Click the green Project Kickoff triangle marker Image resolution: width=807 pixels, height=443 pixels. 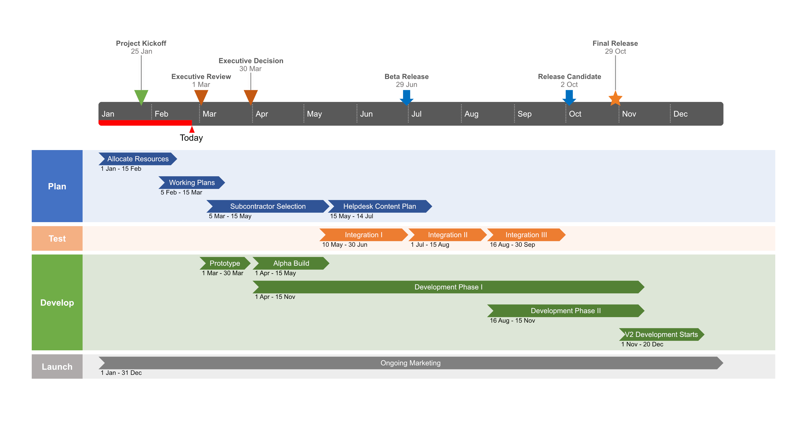(x=141, y=96)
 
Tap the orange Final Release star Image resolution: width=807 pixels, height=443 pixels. (x=615, y=99)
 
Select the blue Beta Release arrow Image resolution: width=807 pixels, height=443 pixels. (x=406, y=97)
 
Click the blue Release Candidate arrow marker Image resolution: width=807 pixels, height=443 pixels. (x=569, y=97)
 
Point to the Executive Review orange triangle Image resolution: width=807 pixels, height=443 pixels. (x=201, y=96)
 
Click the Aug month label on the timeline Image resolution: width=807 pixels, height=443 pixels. (x=471, y=114)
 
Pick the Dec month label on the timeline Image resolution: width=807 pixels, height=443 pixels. (x=680, y=114)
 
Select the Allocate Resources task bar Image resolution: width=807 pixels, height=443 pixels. (x=138, y=159)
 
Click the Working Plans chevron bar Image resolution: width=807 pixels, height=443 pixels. (x=192, y=183)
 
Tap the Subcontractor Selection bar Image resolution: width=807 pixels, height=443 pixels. (x=268, y=206)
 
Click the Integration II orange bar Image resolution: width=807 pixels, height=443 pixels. (x=447, y=235)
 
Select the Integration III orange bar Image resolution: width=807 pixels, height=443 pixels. (x=526, y=235)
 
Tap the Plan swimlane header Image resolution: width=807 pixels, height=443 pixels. (x=57, y=186)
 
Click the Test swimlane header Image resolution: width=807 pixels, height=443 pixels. (x=57, y=239)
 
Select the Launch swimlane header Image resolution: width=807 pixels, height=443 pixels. (x=57, y=367)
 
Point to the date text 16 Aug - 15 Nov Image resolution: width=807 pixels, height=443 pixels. (x=512, y=320)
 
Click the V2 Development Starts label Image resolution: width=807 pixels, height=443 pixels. (x=661, y=335)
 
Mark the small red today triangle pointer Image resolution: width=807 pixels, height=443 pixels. (x=192, y=129)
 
